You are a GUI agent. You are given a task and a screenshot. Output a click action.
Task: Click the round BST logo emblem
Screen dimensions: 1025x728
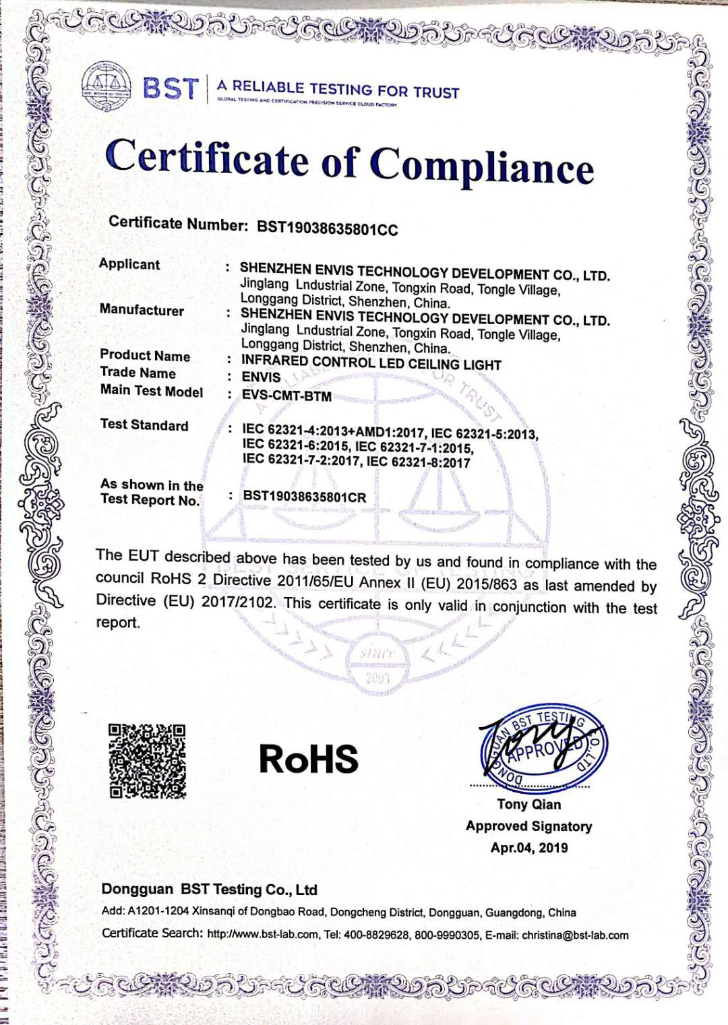point(106,87)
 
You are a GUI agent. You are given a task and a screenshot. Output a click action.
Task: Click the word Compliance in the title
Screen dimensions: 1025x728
point(482,166)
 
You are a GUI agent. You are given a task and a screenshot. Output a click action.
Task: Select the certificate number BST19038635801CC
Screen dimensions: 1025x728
point(327,228)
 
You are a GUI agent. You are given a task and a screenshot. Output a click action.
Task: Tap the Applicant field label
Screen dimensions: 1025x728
point(129,264)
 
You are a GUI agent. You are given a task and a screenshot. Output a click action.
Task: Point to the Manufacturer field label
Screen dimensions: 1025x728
point(142,310)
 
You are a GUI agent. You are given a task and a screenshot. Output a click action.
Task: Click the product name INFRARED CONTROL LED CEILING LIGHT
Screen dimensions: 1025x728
point(371,363)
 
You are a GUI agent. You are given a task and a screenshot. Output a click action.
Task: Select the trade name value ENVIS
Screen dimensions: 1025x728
point(261,377)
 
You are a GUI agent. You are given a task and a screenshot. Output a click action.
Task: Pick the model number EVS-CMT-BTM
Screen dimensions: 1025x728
point(286,396)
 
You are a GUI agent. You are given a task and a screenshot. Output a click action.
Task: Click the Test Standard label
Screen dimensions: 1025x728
point(144,425)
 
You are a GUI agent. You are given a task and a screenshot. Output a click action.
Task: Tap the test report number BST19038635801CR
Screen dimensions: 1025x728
point(304,497)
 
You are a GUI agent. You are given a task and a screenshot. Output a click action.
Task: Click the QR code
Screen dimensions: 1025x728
point(147,762)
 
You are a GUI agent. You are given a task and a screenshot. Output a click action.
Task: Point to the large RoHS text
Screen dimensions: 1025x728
point(309,759)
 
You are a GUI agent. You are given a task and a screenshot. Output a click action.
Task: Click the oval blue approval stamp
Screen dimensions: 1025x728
point(543,749)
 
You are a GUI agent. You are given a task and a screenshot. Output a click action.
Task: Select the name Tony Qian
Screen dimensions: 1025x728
point(528,804)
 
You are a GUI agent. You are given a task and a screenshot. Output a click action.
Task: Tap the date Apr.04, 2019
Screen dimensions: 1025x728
point(529,848)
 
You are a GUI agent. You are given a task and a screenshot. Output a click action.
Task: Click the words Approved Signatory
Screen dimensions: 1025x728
point(528,826)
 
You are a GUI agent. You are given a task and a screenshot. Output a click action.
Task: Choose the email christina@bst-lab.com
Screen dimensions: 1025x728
point(575,935)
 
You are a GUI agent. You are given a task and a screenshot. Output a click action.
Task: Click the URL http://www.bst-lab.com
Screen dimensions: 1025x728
point(263,935)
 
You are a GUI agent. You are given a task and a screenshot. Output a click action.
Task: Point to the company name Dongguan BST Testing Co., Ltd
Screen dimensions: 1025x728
point(209,890)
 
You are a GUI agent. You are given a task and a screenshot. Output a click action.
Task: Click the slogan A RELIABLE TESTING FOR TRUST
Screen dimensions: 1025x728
point(338,90)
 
